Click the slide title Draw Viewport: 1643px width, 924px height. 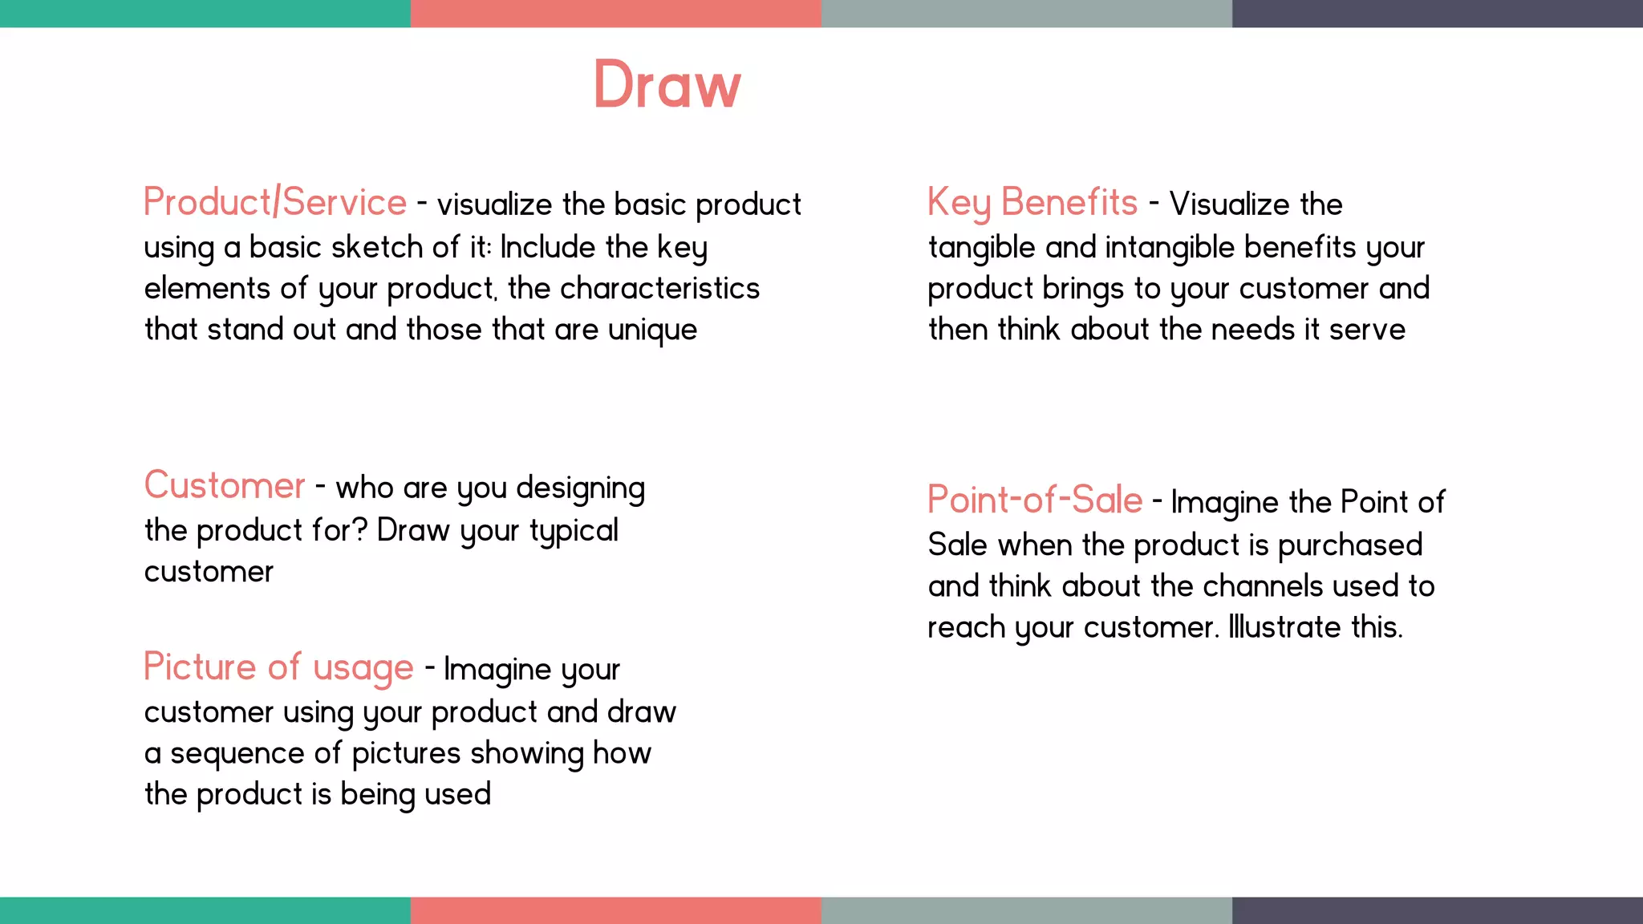(667, 85)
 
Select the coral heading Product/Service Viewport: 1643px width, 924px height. (275, 202)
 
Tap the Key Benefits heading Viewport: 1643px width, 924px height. (1032, 203)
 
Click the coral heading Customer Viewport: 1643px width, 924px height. (225, 486)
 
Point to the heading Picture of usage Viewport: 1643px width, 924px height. (278, 667)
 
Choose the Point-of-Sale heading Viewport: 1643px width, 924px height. (1035, 500)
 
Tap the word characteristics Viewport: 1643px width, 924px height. (659, 289)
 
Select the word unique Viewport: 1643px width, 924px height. (652, 330)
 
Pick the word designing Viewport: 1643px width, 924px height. (580, 488)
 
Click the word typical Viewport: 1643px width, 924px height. (574, 531)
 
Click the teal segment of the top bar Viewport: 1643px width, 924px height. (205, 14)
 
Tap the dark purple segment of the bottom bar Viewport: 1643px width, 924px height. (1438, 910)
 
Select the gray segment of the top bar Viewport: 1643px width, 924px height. (1027, 14)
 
